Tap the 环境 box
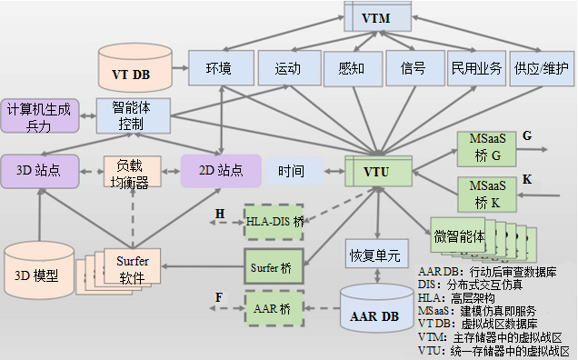click(x=219, y=68)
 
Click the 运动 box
click(x=287, y=68)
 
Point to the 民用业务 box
click(x=475, y=68)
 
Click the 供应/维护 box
click(x=543, y=68)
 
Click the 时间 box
click(x=291, y=170)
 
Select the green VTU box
click(x=378, y=170)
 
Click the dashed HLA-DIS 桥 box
click(x=275, y=221)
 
